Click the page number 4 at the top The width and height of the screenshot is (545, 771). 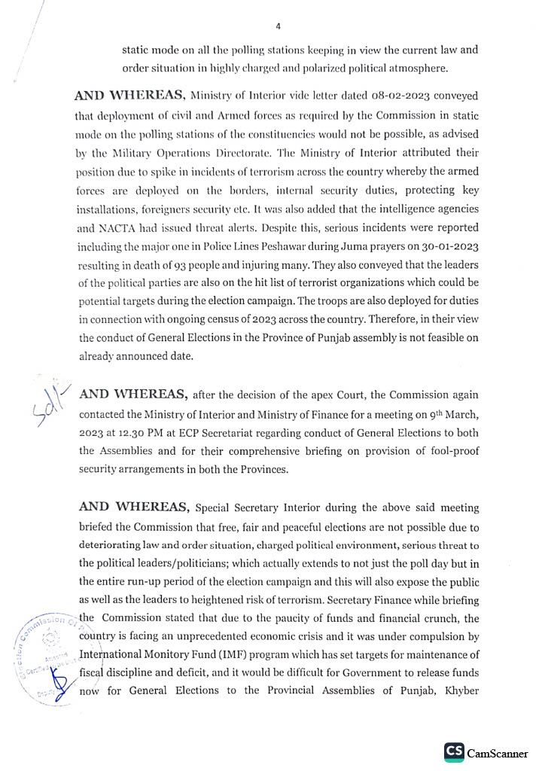pyautogui.click(x=278, y=26)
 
